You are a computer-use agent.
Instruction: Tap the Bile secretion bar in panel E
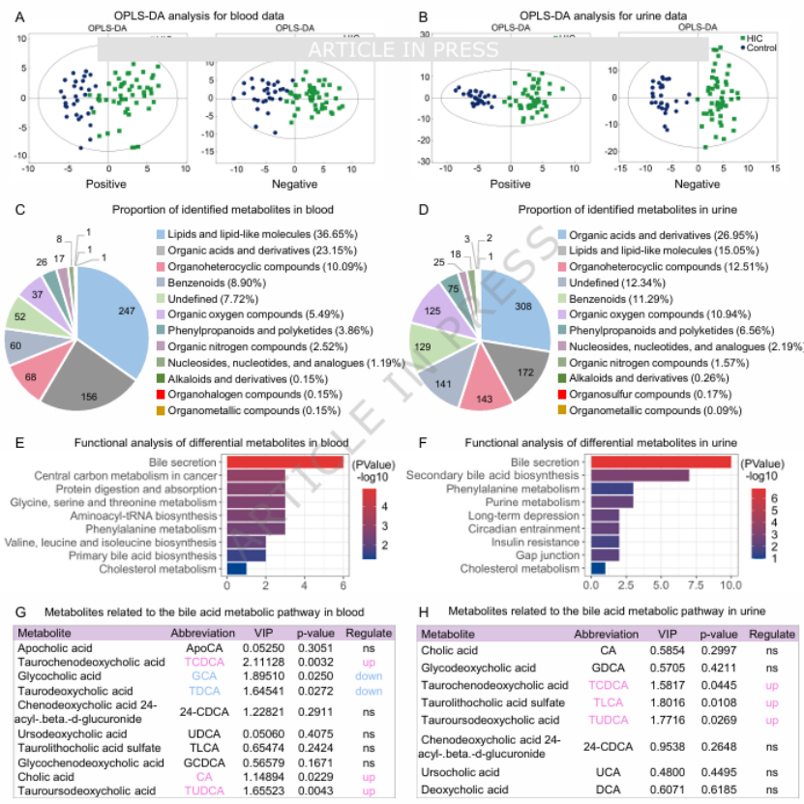(x=284, y=462)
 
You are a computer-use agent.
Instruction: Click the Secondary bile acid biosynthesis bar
(x=640, y=476)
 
